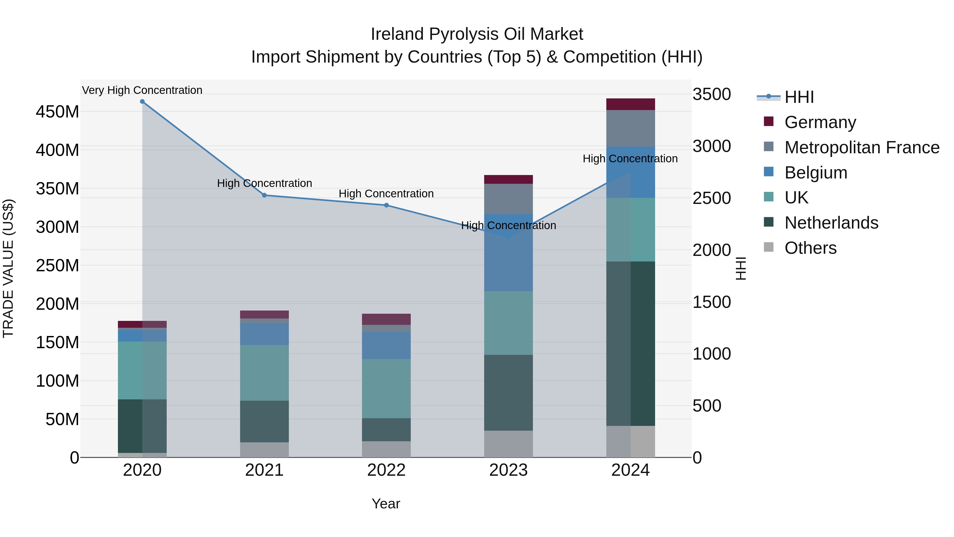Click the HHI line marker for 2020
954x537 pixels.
coord(142,102)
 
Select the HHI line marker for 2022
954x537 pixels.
coord(386,205)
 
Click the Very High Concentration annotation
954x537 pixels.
coord(142,90)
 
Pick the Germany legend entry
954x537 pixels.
coord(820,122)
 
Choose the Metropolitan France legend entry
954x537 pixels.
coord(862,147)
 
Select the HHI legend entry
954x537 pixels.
coord(799,97)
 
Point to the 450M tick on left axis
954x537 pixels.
coord(58,112)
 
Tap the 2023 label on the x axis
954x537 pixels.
coord(509,470)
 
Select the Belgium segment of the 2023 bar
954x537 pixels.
coord(509,252)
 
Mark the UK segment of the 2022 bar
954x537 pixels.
coord(386,388)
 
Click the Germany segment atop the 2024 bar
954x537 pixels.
coord(631,104)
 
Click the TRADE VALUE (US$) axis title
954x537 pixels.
coord(8,268)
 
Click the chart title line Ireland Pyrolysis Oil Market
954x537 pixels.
coord(477,34)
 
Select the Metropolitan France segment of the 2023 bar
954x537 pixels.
coord(509,199)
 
